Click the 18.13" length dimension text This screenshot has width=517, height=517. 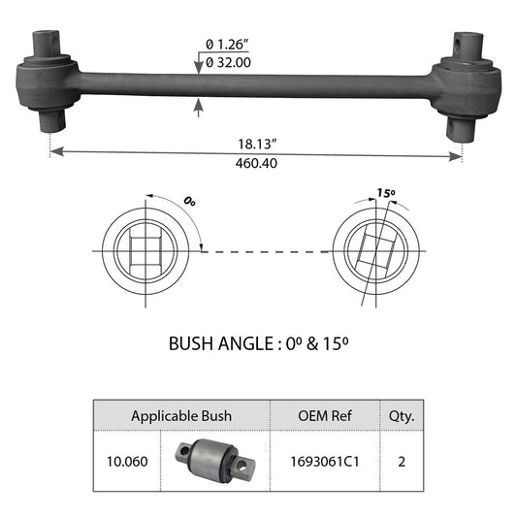click(256, 142)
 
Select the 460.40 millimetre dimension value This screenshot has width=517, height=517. click(256, 163)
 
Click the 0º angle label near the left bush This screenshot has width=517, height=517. click(189, 202)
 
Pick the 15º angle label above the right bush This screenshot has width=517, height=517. click(387, 194)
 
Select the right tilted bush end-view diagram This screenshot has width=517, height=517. click(375, 250)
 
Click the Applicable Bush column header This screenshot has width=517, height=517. click(181, 416)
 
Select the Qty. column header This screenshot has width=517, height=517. click(402, 416)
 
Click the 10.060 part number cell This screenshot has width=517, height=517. click(127, 461)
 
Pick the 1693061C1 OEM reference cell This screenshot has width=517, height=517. click(323, 461)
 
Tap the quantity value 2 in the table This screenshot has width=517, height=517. click(402, 461)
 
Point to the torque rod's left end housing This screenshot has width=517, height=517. click(48, 84)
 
